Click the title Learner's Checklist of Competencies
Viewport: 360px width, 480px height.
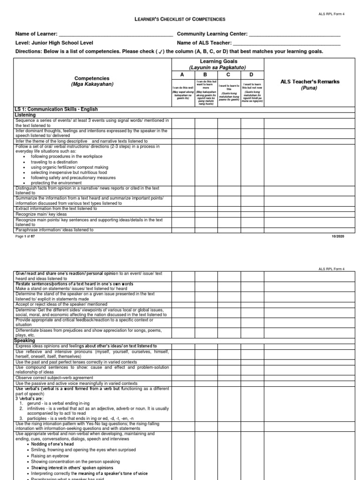(180, 19)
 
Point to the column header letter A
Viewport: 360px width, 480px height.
(183, 75)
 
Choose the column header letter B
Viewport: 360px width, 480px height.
(206, 75)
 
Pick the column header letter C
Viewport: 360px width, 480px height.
(229, 75)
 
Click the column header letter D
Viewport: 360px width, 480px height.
(252, 75)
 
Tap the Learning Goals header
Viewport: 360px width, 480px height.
(218, 61)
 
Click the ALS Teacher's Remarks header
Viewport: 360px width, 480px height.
(309, 82)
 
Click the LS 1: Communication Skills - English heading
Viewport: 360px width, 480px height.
(56, 110)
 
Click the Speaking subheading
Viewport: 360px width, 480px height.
(26, 341)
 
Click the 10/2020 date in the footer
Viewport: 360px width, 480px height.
(337, 237)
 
